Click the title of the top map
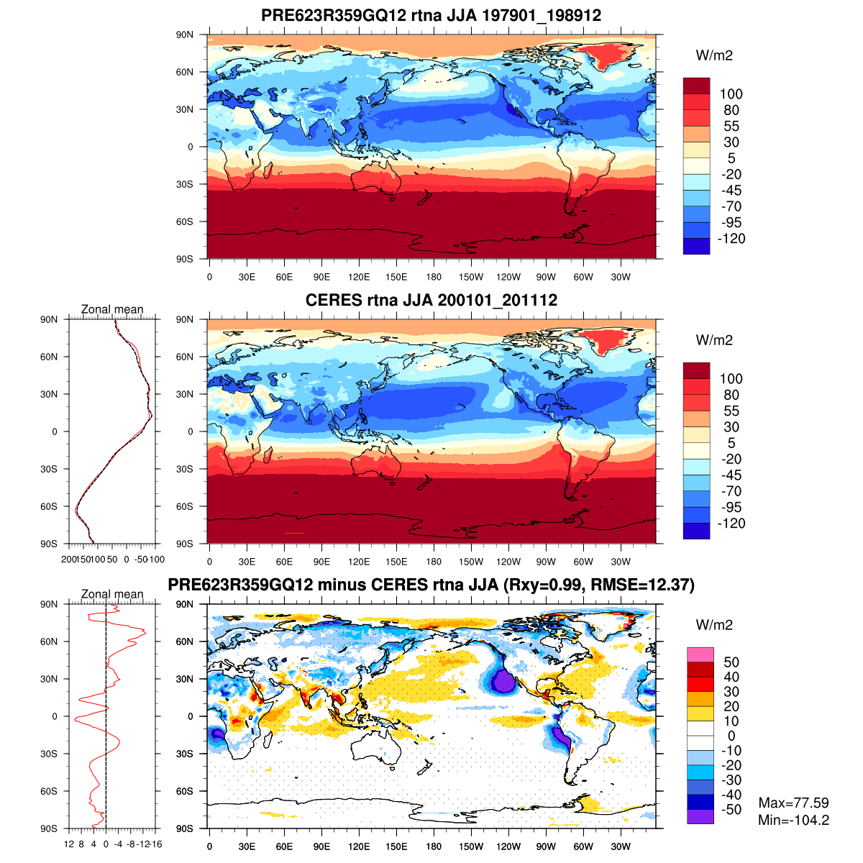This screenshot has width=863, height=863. pyautogui.click(x=431, y=15)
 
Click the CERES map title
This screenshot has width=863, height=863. pyautogui.click(x=431, y=300)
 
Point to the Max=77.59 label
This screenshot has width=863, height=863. pyautogui.click(x=793, y=803)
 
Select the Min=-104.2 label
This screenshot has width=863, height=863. pyautogui.click(x=793, y=820)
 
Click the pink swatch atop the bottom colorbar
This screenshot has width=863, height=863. pyautogui.click(x=700, y=654)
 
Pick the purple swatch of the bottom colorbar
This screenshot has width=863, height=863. pyautogui.click(x=700, y=816)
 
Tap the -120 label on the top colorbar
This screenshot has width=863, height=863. pyautogui.click(x=731, y=239)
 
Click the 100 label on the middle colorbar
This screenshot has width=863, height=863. pyautogui.click(x=731, y=379)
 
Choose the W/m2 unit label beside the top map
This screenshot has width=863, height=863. pyautogui.click(x=714, y=55)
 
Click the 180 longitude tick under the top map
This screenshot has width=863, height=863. pyautogui.click(x=434, y=277)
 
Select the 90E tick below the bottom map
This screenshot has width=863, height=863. pyautogui.click(x=321, y=846)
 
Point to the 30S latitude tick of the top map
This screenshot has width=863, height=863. pyautogui.click(x=186, y=184)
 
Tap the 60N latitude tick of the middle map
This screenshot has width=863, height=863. pyautogui.click(x=186, y=357)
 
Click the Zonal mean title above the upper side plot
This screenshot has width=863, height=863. pyautogui.click(x=112, y=309)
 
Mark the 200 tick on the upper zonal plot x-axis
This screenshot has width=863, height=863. pyautogui.click(x=68, y=559)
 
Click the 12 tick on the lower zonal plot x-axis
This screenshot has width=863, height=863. pyautogui.click(x=69, y=844)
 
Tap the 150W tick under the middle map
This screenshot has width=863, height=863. pyautogui.click(x=471, y=562)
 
